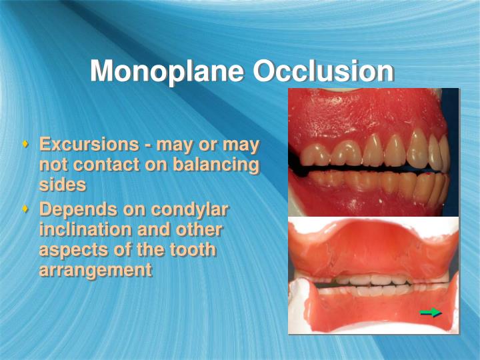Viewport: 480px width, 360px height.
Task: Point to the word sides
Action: [x=62, y=184]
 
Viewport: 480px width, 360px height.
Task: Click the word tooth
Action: [x=193, y=249]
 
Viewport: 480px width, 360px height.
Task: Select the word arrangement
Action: [x=95, y=269]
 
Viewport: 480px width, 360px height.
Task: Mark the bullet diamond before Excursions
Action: [x=26, y=143]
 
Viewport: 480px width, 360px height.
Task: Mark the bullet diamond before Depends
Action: [x=26, y=208]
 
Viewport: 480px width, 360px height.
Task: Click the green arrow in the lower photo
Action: [x=431, y=312]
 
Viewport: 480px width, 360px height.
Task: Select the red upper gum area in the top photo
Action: [x=360, y=113]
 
